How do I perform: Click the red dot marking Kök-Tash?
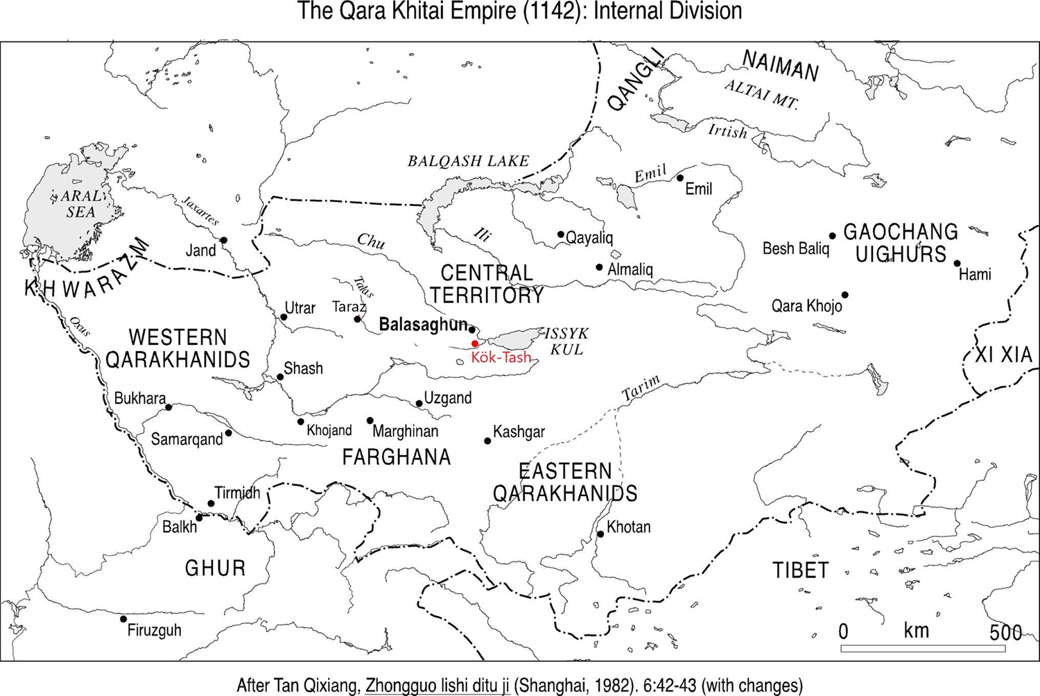475,343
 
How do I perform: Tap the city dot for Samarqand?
229,433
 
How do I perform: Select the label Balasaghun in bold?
423,325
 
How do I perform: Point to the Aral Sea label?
80,204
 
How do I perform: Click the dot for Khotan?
600,534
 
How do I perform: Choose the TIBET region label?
801,570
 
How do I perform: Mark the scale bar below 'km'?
923,649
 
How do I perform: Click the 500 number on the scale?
1005,632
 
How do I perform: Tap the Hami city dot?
957,263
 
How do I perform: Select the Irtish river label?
727,130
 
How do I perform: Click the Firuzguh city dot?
123,619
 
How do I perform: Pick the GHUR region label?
215,568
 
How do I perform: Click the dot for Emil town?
680,178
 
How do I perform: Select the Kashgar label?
519,432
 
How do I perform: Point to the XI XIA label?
1003,355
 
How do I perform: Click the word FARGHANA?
397,457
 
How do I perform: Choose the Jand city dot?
224,240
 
